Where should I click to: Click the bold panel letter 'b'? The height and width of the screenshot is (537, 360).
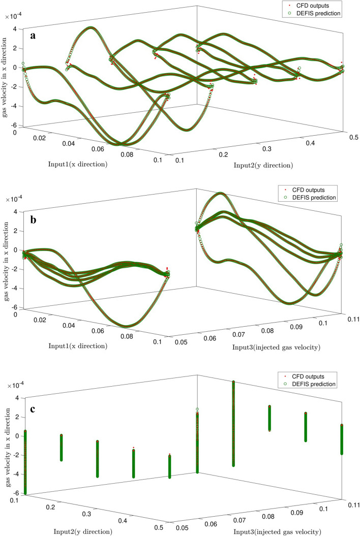34,219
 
